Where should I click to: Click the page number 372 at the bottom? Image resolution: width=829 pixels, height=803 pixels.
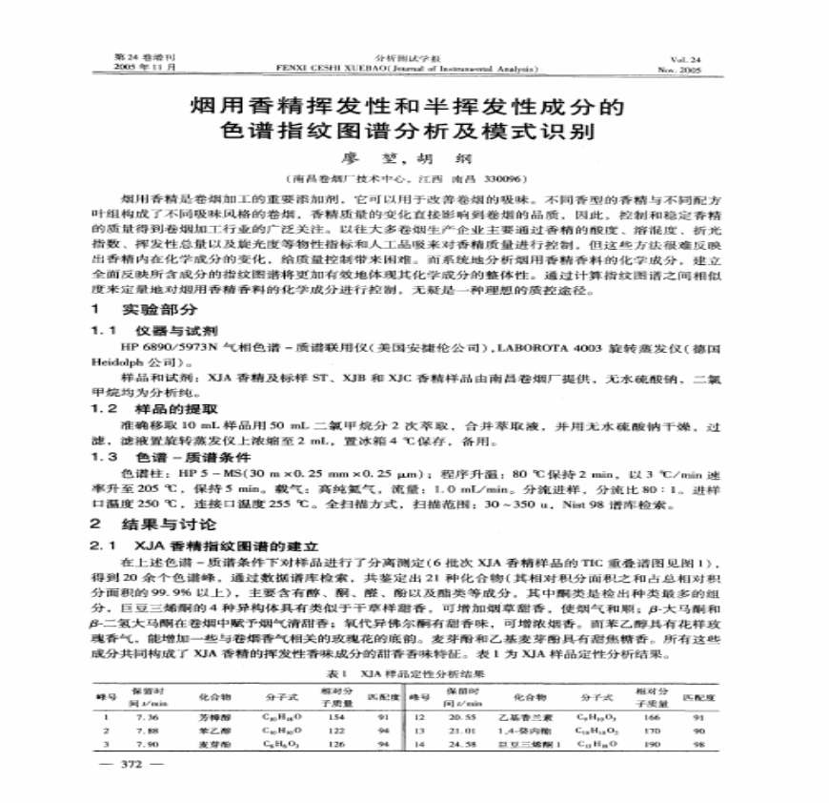(x=133, y=765)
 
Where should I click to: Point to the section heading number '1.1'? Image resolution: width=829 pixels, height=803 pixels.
(x=102, y=329)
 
